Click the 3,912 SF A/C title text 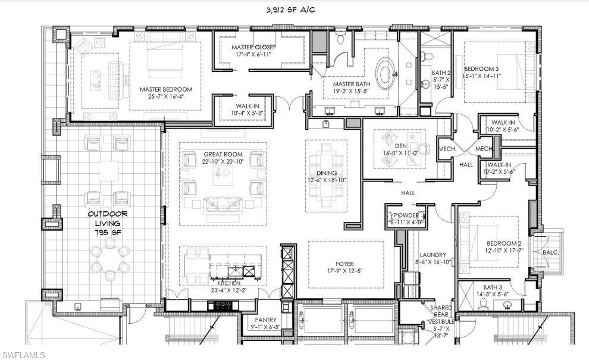coord(294,10)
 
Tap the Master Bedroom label coord(166,93)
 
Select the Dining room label coord(326,176)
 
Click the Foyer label coord(344,267)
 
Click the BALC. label coord(550,252)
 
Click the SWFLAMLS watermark coord(23,355)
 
